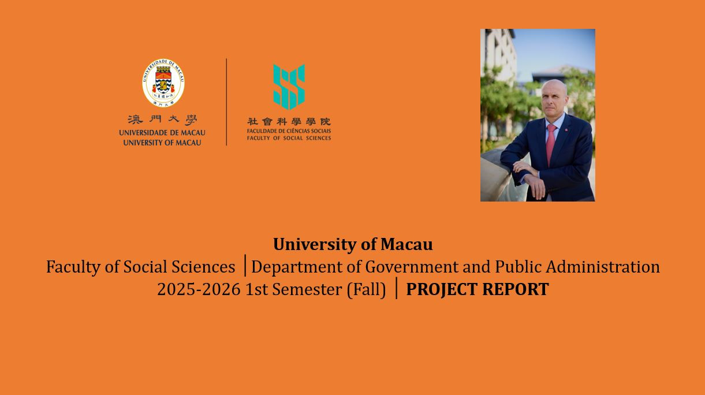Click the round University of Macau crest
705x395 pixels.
click(163, 83)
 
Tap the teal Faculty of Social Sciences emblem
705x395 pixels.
click(289, 87)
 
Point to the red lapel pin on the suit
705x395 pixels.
click(566, 129)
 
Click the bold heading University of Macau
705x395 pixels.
click(353, 244)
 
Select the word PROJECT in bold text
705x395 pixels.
click(442, 289)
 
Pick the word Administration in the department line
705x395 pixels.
click(603, 267)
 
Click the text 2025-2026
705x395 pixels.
click(199, 289)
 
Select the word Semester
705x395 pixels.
click(307, 289)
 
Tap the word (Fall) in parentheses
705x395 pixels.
click(366, 289)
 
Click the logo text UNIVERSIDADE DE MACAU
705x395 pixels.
click(162, 133)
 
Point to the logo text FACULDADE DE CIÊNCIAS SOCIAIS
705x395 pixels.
click(289, 131)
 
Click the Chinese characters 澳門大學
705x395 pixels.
click(162, 120)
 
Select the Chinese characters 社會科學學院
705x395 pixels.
click(289, 121)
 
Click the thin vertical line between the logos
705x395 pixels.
click(226, 102)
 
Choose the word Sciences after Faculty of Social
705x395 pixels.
click(203, 267)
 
